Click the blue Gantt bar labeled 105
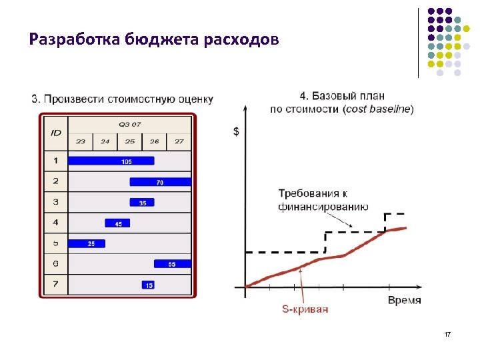[111, 161]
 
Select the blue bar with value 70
[160, 182]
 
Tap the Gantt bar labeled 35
[142, 203]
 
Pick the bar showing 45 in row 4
[117, 223]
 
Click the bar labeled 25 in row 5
[87, 243]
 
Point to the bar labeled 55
[172, 264]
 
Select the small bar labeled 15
[148, 285]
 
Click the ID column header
[56, 133]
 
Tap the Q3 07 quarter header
[129, 124]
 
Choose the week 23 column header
[81, 141]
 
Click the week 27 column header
[179, 141]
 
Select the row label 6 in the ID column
[56, 264]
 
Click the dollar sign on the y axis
[237, 131]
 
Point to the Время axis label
[404, 301]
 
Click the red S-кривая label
[305, 309]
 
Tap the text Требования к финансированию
[323, 200]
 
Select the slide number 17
[447, 333]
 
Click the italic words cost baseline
[378, 109]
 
